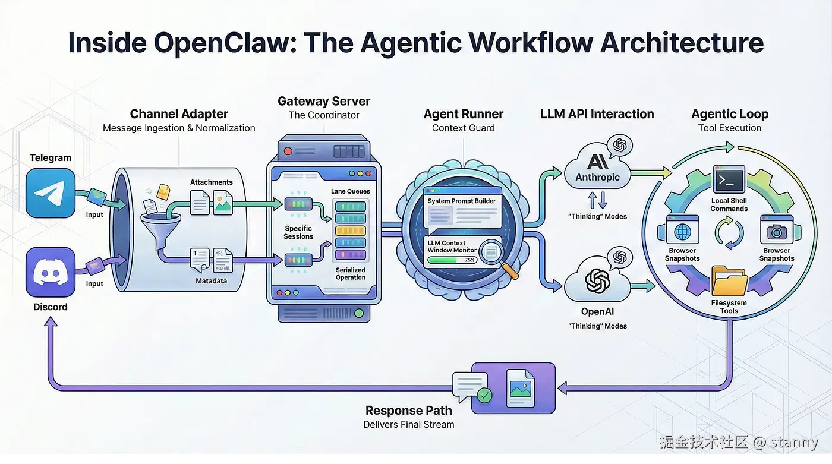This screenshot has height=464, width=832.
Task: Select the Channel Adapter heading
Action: click(x=179, y=114)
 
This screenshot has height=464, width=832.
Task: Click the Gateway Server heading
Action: click(x=324, y=101)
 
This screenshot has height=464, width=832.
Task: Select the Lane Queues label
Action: click(x=350, y=191)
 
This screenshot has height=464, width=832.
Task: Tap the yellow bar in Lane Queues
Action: click(x=350, y=230)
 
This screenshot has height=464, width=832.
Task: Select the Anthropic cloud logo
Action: click(x=597, y=162)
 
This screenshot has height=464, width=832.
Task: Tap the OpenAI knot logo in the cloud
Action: click(x=597, y=280)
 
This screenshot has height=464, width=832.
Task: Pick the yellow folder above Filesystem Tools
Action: click(x=729, y=283)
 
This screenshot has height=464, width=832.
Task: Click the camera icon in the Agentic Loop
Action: click(x=777, y=232)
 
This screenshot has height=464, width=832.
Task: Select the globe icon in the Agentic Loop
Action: click(x=682, y=232)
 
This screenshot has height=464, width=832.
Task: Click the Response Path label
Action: click(x=408, y=411)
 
